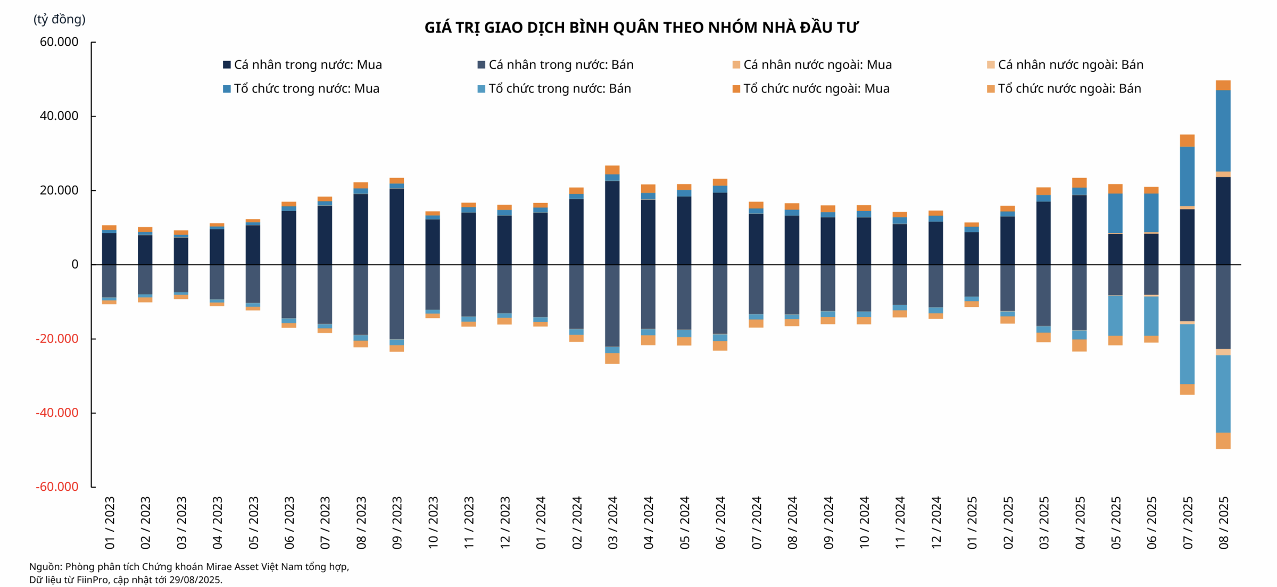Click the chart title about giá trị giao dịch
point(641,28)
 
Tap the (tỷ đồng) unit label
point(59,20)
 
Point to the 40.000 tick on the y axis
point(59,116)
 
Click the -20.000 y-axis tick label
point(56,339)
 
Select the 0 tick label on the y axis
point(74,264)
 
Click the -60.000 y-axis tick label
point(56,487)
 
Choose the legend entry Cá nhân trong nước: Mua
point(302,65)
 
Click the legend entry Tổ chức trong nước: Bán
point(554,89)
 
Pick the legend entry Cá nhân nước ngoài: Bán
point(1065,65)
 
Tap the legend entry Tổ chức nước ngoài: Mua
point(811,89)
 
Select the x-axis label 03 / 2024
point(612,523)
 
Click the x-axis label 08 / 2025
point(1224,523)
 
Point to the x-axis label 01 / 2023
point(109,523)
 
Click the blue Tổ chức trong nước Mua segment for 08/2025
point(1223,130)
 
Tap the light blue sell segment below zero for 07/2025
point(1187,354)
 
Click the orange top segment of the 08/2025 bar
point(1223,85)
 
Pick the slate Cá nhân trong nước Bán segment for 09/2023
point(396,301)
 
